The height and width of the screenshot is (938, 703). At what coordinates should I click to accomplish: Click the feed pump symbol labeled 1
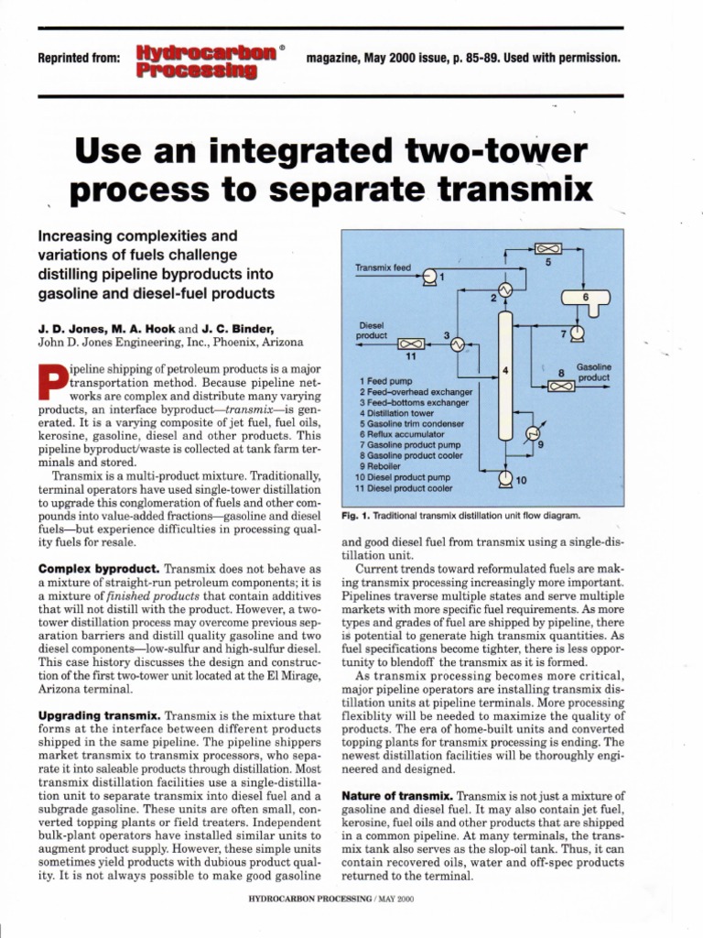[x=429, y=278]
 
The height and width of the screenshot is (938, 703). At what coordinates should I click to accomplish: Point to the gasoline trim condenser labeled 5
[x=548, y=249]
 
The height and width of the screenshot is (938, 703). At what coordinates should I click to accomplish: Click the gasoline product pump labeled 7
[x=577, y=333]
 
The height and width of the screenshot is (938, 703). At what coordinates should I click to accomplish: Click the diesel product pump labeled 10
[x=504, y=477]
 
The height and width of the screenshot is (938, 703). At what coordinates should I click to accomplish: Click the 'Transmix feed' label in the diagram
[x=383, y=267]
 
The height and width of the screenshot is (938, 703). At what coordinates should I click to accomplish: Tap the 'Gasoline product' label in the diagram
[x=593, y=372]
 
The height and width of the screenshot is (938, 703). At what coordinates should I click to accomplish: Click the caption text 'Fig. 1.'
[x=354, y=515]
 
